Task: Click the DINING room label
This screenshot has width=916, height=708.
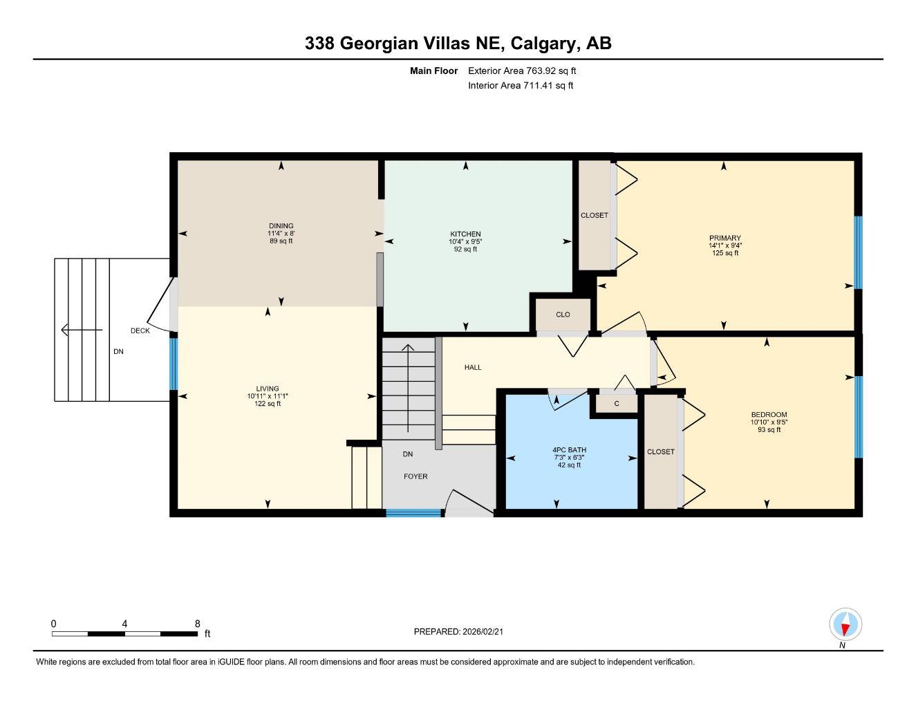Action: point(281,226)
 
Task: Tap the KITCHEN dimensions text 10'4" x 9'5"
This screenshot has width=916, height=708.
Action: point(465,241)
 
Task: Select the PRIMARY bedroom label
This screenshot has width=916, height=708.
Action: point(725,238)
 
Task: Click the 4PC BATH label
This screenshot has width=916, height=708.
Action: point(569,450)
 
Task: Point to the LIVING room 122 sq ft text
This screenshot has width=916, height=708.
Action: point(268,404)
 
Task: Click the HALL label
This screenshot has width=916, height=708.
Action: point(473,367)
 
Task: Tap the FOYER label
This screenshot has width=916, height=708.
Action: point(415,476)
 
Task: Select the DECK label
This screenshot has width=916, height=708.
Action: point(140,330)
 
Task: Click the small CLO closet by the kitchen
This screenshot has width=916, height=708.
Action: point(563,315)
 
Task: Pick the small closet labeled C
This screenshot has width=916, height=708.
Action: point(616,403)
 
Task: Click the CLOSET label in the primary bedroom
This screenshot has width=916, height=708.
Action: point(594,215)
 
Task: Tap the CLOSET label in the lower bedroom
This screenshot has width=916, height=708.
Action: point(660,451)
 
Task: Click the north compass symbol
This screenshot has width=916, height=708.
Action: point(844,625)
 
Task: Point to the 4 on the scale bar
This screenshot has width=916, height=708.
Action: point(124,624)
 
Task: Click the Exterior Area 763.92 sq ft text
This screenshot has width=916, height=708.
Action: point(522,71)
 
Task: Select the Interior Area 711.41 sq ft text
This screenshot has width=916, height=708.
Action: point(521,86)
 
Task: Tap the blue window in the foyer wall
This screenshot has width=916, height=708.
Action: point(413,513)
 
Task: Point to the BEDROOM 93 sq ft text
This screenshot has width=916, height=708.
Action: point(769,429)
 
